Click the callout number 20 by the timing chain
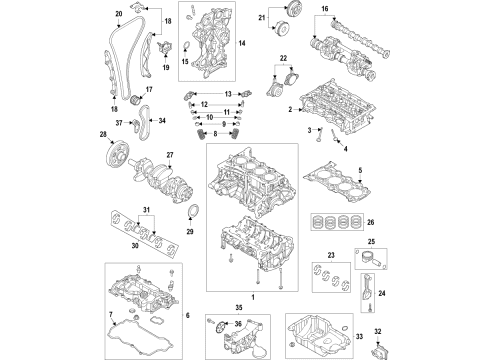coord(119,12)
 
